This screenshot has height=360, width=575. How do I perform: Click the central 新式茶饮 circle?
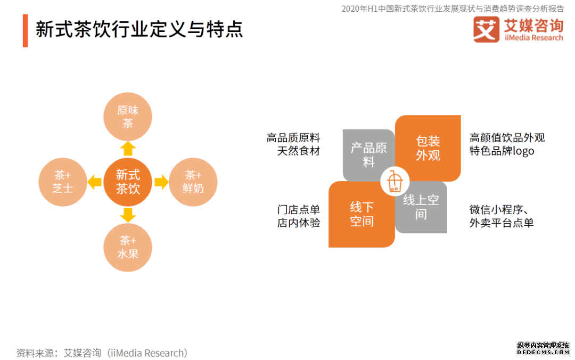click(x=128, y=182)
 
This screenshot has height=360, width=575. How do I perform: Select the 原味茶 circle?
click(x=128, y=117)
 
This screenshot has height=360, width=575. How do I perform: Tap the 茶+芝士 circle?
click(x=63, y=182)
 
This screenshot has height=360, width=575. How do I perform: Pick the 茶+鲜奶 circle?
click(x=193, y=182)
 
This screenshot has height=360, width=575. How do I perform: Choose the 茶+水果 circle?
click(x=128, y=247)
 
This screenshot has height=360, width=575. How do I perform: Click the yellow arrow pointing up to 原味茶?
click(x=128, y=149)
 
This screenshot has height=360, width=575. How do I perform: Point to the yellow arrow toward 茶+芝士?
click(x=95, y=182)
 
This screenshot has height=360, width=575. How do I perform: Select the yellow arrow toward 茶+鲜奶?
click(x=161, y=182)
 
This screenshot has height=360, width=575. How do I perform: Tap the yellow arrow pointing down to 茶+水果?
click(x=128, y=215)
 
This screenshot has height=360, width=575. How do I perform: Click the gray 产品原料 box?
click(x=368, y=155)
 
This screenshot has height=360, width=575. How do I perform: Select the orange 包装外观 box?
click(x=428, y=148)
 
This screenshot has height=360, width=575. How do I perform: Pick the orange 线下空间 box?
click(x=362, y=214)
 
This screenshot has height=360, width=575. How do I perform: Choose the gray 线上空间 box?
click(x=422, y=208)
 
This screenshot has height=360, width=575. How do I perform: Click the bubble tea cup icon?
click(x=395, y=181)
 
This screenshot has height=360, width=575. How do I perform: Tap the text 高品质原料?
click(x=293, y=138)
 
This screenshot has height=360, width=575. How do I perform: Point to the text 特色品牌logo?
click(x=502, y=151)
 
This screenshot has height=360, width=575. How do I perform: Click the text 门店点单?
click(x=299, y=209)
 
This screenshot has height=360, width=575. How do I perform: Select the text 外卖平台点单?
click(x=502, y=223)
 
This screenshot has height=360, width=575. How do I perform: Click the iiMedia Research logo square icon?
click(x=486, y=29)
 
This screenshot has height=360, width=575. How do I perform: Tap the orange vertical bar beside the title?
click(x=26, y=30)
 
